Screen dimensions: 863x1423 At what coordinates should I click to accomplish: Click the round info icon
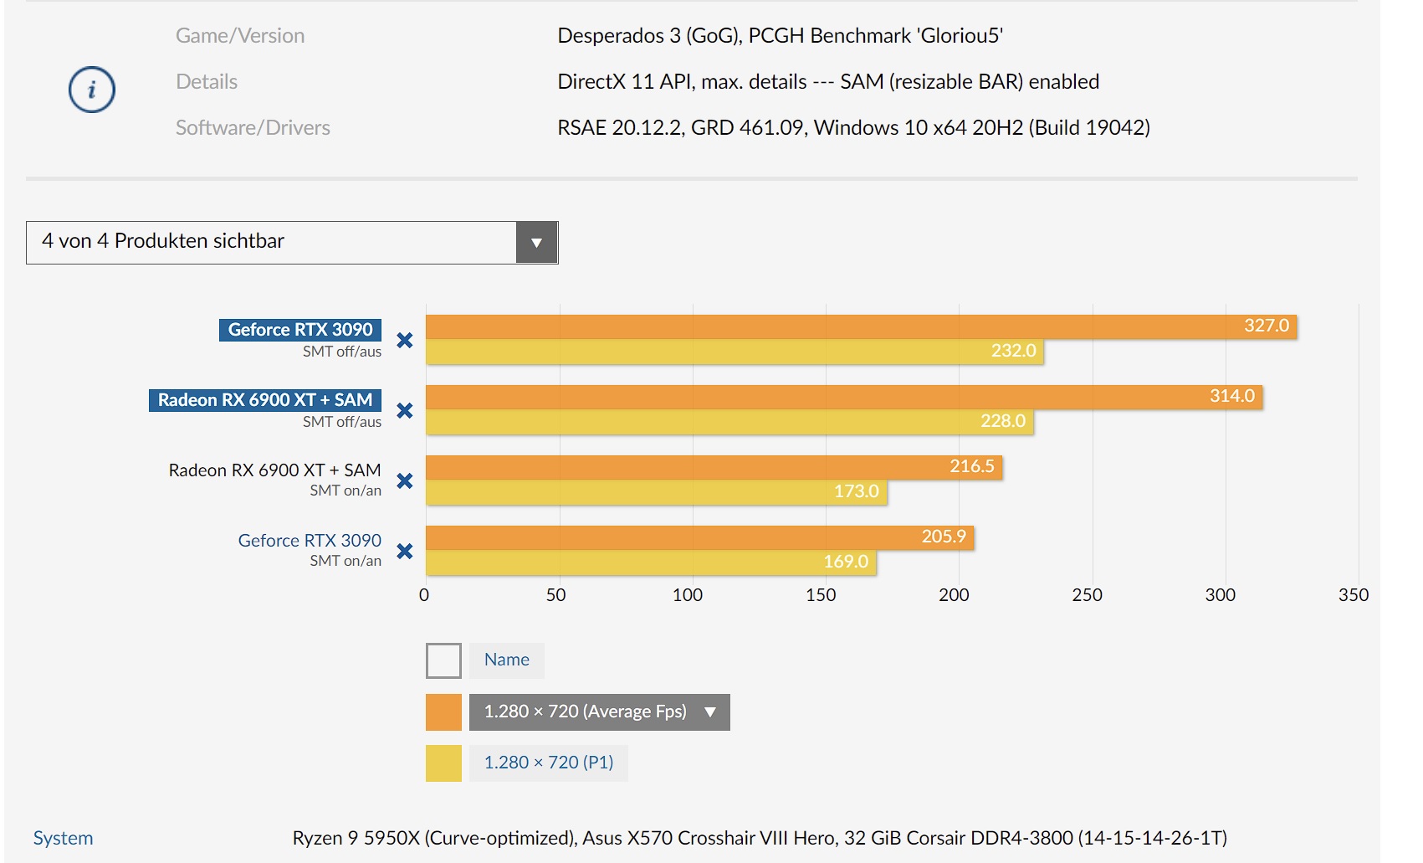point(91,90)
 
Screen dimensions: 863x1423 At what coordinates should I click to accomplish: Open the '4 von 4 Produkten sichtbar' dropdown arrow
point(536,243)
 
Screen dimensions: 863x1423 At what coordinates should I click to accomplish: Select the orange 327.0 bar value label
point(1266,326)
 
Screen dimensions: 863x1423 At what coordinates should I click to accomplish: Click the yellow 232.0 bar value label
point(1013,351)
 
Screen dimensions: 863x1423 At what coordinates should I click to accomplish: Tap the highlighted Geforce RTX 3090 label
point(300,330)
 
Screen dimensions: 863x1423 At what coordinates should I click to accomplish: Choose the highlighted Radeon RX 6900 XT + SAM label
point(265,400)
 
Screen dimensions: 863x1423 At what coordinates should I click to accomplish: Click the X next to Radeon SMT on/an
point(405,481)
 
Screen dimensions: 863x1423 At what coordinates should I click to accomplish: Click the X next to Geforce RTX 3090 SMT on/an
point(405,552)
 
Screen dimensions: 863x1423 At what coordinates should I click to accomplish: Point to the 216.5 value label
point(971,466)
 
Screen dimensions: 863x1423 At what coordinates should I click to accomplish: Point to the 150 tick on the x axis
point(821,595)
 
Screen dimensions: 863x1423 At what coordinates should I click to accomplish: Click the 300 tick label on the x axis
point(1220,595)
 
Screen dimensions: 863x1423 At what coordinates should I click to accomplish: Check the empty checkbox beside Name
point(443,660)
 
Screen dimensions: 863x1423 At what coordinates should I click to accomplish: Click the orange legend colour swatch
point(443,712)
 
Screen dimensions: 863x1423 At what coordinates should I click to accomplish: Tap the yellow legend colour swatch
point(443,763)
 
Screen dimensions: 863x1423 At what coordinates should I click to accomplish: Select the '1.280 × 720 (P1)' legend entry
point(549,763)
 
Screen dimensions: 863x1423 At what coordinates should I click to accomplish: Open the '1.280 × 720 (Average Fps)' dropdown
point(599,712)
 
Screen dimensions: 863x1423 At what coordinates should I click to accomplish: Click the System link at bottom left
point(63,838)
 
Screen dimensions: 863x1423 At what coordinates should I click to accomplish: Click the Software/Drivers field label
point(253,128)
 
